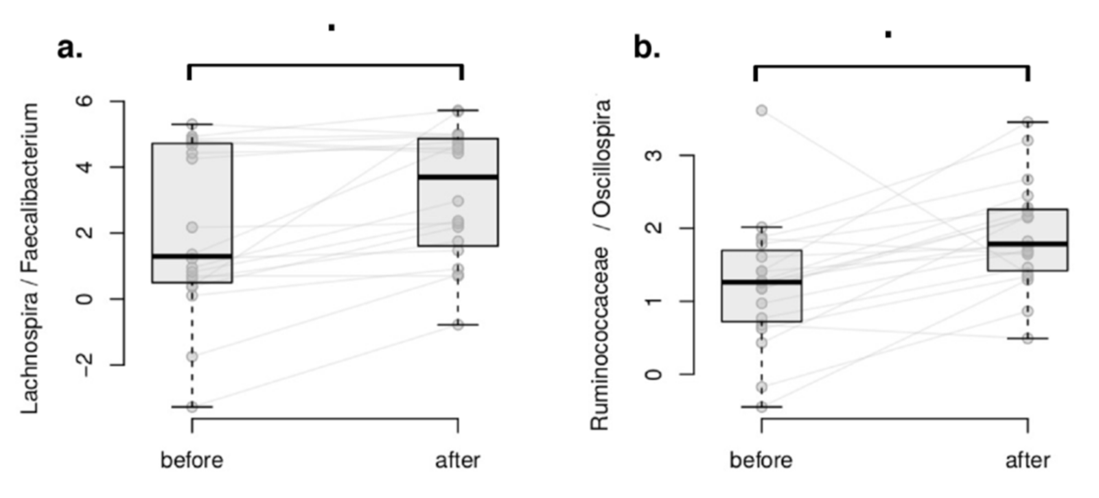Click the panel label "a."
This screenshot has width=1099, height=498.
pyautogui.click(x=70, y=49)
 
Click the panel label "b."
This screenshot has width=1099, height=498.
pyautogui.click(x=647, y=49)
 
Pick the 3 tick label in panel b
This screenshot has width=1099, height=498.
pyautogui.click(x=656, y=156)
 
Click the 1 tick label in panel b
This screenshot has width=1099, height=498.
pyautogui.click(x=656, y=301)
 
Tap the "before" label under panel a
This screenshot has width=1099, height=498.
pyautogui.click(x=192, y=460)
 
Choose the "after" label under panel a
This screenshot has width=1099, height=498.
pyautogui.click(x=458, y=460)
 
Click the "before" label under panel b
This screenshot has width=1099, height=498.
pyautogui.click(x=761, y=460)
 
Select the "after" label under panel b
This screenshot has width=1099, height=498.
pyautogui.click(x=1028, y=460)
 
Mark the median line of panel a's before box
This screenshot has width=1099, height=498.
pyautogui.click(x=192, y=256)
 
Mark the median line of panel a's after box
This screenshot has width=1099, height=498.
pyautogui.click(x=458, y=177)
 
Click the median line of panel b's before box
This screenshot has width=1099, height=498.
pyautogui.click(x=761, y=281)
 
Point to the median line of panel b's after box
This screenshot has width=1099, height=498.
pyautogui.click(x=1028, y=244)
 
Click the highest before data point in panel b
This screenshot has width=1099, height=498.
pyautogui.click(x=762, y=110)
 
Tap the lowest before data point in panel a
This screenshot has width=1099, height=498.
pyautogui.click(x=192, y=407)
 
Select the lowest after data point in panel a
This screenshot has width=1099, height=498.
pyautogui.click(x=458, y=324)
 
